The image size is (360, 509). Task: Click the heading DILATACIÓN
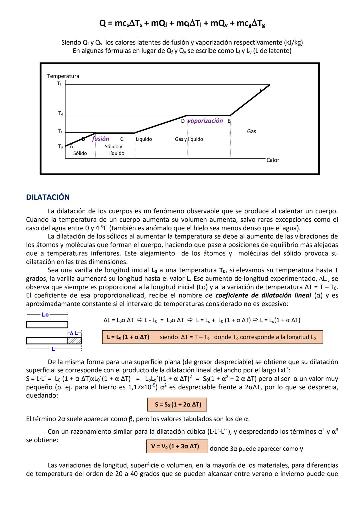pyautogui.click(x=48, y=197)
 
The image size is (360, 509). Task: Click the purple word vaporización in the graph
pyautogui.click(x=205, y=121)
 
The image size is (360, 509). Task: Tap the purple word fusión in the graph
pyautogui.click(x=100, y=139)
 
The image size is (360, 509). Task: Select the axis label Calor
pyautogui.click(x=273, y=160)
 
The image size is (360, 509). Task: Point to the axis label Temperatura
pyautogui.click(x=63, y=76)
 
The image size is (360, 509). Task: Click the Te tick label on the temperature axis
pyautogui.click(x=60, y=114)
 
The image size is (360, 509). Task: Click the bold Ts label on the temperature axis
pyautogui.click(x=60, y=146)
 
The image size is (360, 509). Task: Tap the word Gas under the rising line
pyautogui.click(x=251, y=131)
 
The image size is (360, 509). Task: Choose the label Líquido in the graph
pyautogui.click(x=144, y=139)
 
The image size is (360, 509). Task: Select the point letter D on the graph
pyautogui.click(x=183, y=121)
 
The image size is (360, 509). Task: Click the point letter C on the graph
pyautogui.click(x=122, y=139)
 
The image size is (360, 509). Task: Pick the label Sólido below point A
pyautogui.click(x=80, y=153)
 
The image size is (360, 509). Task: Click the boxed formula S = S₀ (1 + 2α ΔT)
pyautogui.click(x=177, y=404)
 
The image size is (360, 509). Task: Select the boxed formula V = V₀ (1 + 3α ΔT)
pyautogui.click(x=177, y=446)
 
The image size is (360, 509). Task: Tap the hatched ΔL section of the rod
pyautogui.click(x=74, y=340)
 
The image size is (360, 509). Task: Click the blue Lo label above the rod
pyautogui.click(x=45, y=315)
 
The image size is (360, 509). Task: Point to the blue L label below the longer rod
pyautogui.click(x=53, y=349)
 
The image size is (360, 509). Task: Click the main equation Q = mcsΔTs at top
pyautogui.click(x=182, y=23)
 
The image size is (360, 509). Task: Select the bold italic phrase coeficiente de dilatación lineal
pyautogui.click(x=263, y=295)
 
